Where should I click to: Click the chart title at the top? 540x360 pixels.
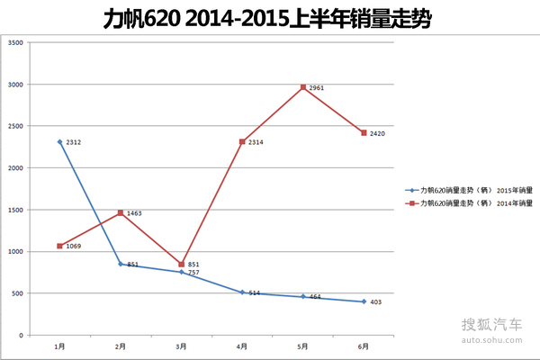click(x=269, y=18)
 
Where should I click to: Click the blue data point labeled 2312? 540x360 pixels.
click(x=59, y=142)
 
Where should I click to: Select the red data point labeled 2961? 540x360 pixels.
click(x=302, y=87)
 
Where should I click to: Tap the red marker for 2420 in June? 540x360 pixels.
click(x=364, y=132)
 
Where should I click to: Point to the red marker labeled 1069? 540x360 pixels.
click(x=59, y=246)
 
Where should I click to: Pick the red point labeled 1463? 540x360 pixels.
click(x=121, y=212)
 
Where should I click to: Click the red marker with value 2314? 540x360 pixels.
click(x=242, y=141)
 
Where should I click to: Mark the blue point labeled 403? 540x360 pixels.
click(x=364, y=301)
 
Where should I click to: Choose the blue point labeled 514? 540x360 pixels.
click(x=242, y=292)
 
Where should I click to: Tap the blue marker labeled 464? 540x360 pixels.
click(x=302, y=296)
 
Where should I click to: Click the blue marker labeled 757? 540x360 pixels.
click(x=181, y=272)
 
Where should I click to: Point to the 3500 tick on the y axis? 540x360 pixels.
click(x=15, y=43)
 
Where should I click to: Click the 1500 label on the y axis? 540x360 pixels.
click(x=15, y=210)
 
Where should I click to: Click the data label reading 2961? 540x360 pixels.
click(x=316, y=88)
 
